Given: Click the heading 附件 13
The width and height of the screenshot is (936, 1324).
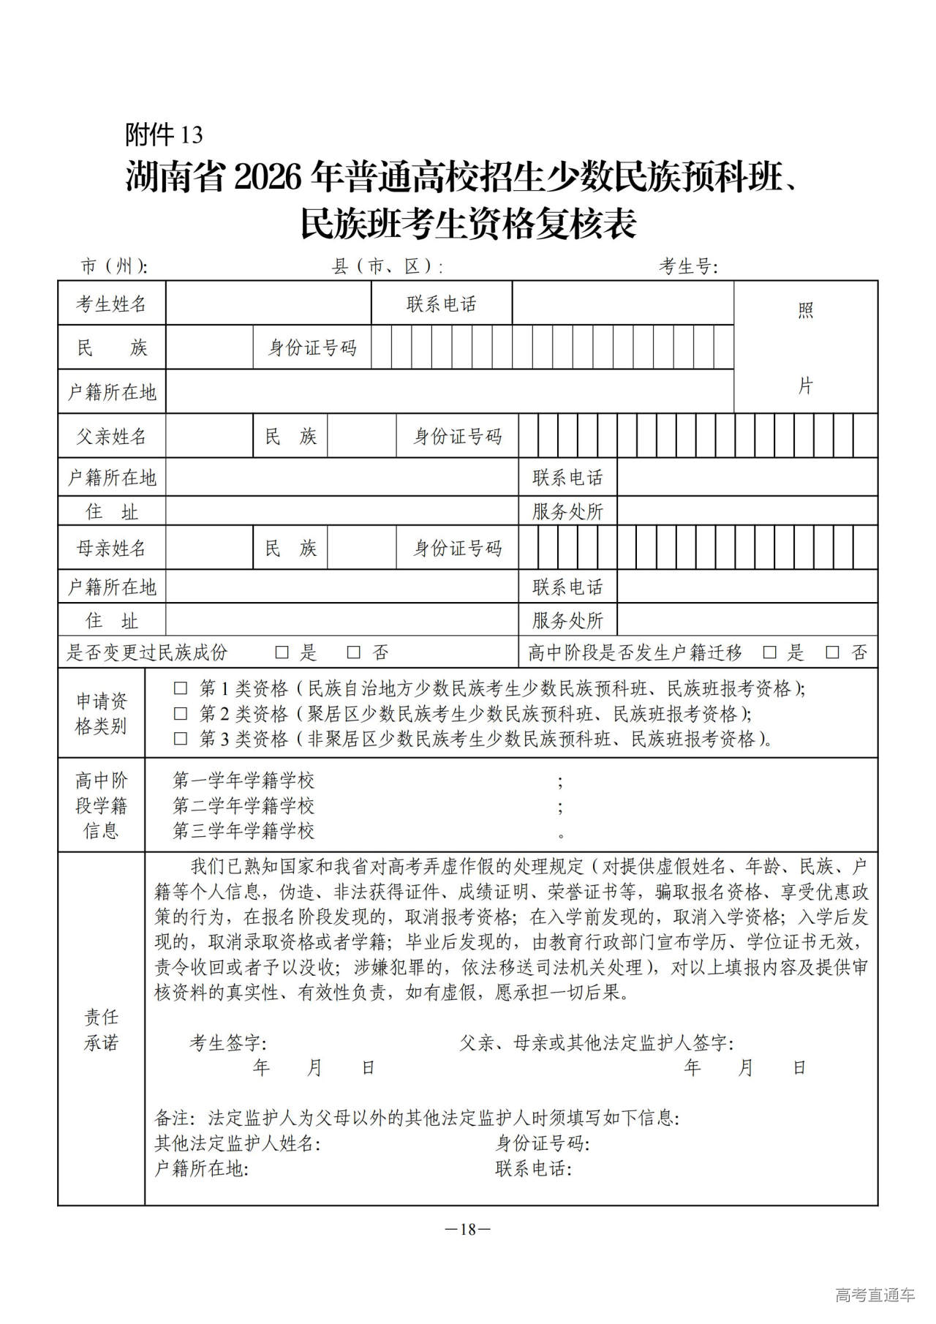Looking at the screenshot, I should pos(164,135).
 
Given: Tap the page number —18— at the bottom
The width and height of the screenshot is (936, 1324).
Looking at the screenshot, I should pos(468,1229).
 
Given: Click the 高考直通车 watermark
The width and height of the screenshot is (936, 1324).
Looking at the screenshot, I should pos(875,1295).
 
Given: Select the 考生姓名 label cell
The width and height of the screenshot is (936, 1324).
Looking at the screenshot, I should pos(112,304).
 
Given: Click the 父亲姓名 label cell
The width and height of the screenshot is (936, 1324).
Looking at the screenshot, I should pos(112,437).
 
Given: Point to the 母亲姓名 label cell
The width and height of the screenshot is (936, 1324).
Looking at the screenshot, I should pos(112,548).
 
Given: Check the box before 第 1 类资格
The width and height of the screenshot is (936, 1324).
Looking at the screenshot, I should pos(180,689).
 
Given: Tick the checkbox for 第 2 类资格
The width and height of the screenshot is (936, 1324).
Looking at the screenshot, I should pos(180,714).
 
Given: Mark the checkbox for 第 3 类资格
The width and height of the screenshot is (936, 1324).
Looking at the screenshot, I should pos(180,739).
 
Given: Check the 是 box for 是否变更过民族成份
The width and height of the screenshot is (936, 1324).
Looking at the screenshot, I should pos(282,652).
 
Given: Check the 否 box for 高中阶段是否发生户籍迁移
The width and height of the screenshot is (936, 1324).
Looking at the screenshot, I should pos(832,652).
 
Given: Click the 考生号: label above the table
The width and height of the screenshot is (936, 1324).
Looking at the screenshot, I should pos(688,266).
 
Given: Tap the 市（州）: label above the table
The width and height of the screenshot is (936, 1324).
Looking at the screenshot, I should pos(114,266).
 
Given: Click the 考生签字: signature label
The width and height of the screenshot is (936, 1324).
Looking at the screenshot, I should pos(228,1042).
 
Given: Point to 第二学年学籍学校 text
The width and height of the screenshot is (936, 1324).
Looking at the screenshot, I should pos(244,805).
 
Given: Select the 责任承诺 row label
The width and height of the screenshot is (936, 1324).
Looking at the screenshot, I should pos(101,1030).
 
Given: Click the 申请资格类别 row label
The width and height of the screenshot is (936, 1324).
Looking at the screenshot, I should pos(101,714).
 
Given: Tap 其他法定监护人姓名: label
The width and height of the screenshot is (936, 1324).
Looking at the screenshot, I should pos(238,1143).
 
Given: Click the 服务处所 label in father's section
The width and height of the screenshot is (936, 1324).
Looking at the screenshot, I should pos(567,511).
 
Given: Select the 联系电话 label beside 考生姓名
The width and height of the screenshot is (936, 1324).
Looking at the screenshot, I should pos(442,304).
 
